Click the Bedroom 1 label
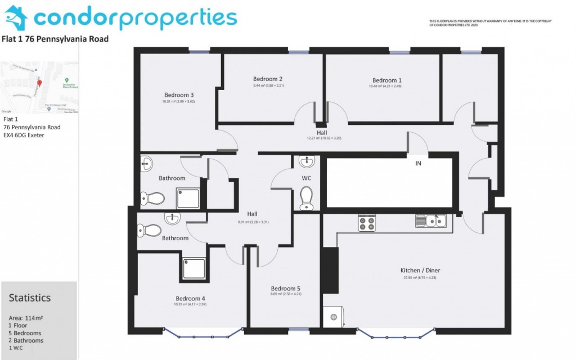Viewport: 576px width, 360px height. pyautogui.click(x=386, y=80)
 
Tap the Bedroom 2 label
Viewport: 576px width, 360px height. pyautogui.click(x=268, y=79)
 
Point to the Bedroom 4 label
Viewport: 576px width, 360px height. pyautogui.click(x=190, y=298)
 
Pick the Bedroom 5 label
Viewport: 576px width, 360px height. pyautogui.click(x=285, y=288)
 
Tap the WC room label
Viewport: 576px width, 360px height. pyautogui.click(x=307, y=178)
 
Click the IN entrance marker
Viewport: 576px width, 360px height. pyautogui.click(x=418, y=164)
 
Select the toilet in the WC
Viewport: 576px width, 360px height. pyautogui.click(x=307, y=198)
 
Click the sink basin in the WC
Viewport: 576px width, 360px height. pyautogui.click(x=307, y=163)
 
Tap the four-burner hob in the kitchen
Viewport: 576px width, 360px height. pyautogui.click(x=367, y=223)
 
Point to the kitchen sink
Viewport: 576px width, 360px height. pyautogui.click(x=432, y=221)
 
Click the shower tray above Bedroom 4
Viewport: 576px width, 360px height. pyautogui.click(x=194, y=269)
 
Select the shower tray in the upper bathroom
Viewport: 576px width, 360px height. pyautogui.click(x=190, y=197)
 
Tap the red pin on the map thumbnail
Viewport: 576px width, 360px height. pyautogui.click(x=39, y=84)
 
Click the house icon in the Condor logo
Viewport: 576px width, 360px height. pyautogui.click(x=16, y=18)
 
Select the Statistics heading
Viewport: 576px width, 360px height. pyautogui.click(x=30, y=298)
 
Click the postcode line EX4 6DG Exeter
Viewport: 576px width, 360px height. pyautogui.click(x=24, y=135)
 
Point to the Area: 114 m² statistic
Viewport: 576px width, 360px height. pyautogui.click(x=26, y=318)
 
